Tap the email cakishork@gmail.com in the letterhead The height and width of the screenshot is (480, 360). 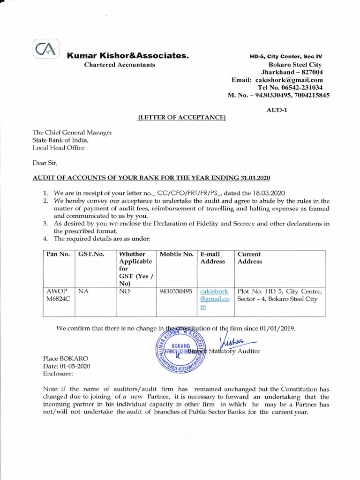click(x=297, y=80)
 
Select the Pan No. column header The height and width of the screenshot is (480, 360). click(x=58, y=254)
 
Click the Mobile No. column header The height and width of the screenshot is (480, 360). click(x=177, y=254)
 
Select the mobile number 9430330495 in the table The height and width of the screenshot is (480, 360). click(x=176, y=291)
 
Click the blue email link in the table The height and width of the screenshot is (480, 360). click(x=215, y=299)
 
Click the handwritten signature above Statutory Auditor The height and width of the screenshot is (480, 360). click(x=232, y=340)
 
